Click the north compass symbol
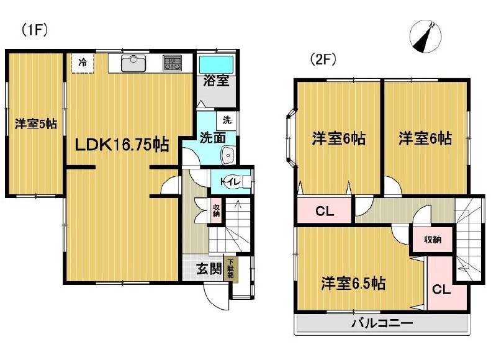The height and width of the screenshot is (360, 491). (x=426, y=37)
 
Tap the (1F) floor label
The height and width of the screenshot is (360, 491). (x=34, y=30)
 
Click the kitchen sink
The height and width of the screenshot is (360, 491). (x=133, y=63)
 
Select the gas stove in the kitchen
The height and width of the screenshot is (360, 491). (x=172, y=63)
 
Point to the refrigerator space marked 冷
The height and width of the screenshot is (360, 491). (x=83, y=63)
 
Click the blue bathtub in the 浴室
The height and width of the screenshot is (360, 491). (x=217, y=65)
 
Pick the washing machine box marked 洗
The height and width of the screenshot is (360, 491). (x=226, y=120)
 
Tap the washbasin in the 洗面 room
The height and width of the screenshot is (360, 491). (x=228, y=155)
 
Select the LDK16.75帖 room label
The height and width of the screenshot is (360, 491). (x=122, y=145)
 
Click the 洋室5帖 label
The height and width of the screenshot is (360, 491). (x=36, y=124)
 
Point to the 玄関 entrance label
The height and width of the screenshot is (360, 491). (x=209, y=268)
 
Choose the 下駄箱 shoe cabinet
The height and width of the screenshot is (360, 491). (x=230, y=268)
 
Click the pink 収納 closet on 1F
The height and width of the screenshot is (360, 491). (x=217, y=210)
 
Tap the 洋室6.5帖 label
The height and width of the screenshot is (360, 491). (x=353, y=283)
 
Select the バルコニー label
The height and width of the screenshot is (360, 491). (x=382, y=323)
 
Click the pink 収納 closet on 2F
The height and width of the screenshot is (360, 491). (x=433, y=240)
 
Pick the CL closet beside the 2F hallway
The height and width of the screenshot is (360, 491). (x=325, y=210)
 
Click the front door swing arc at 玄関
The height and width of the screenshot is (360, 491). (x=210, y=298)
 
